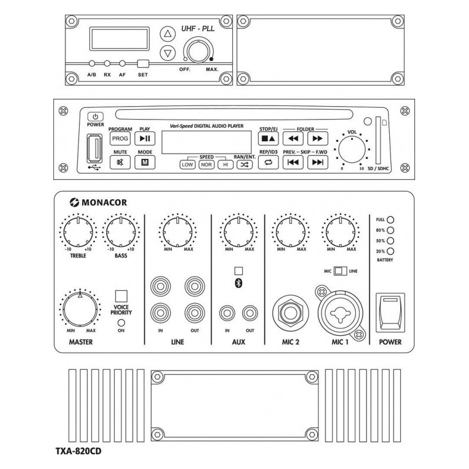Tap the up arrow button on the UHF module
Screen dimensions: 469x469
tap(168, 33)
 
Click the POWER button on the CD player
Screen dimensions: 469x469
tap(95, 117)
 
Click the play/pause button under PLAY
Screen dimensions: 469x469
tap(144, 138)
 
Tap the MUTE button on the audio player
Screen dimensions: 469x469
tap(120, 163)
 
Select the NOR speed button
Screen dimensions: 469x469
tap(206, 165)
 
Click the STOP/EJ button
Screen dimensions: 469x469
tap(267, 139)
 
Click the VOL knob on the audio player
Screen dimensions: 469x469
tap(352, 151)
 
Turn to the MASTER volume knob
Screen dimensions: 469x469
tap(79, 307)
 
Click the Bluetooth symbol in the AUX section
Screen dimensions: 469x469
tap(238, 284)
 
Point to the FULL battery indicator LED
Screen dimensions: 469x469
tap(390, 220)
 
